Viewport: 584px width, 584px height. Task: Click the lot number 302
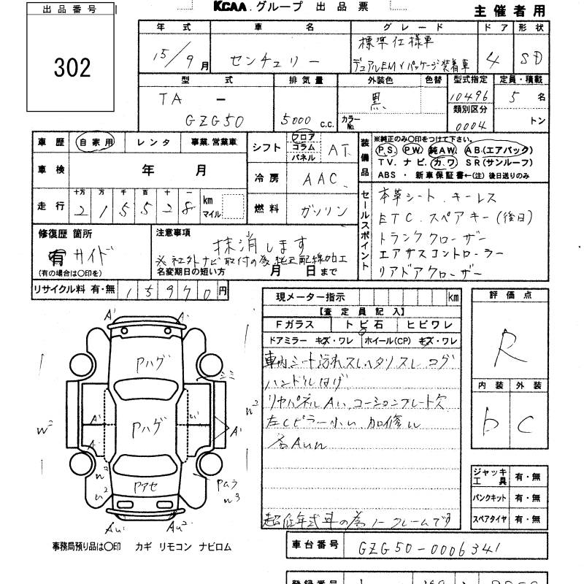click(x=72, y=68)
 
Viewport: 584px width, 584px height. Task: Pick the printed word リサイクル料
click(x=57, y=290)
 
